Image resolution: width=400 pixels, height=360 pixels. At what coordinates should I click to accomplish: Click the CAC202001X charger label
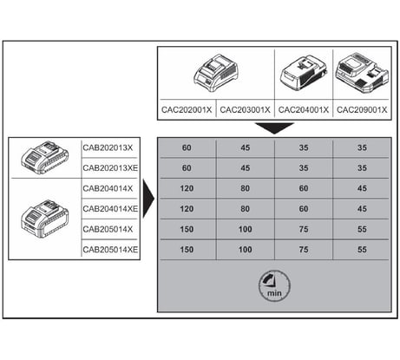point(187,110)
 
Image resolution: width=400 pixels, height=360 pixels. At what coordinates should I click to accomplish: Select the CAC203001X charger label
point(245,110)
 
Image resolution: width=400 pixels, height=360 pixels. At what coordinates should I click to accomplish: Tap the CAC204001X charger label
point(304,110)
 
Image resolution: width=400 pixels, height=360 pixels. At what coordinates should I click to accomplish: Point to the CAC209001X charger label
point(362,110)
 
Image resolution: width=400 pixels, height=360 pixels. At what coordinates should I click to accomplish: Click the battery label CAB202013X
point(108,147)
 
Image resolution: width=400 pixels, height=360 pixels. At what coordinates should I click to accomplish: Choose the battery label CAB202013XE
point(110,168)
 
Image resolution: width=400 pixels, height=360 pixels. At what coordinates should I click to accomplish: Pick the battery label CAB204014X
point(108,188)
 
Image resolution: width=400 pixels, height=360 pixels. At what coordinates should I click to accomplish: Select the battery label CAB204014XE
point(110,209)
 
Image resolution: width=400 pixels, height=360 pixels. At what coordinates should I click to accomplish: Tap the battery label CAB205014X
point(108,229)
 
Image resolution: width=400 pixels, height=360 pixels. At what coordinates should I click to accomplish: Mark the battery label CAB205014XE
point(110,250)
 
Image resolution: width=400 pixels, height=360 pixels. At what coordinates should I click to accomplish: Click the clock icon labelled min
point(274,286)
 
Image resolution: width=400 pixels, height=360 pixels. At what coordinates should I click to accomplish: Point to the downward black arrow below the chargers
point(274,128)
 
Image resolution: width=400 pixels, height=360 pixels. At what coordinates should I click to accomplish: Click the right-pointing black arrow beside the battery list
point(148,199)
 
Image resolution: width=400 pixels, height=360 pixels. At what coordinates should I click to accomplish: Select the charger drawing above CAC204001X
point(304,73)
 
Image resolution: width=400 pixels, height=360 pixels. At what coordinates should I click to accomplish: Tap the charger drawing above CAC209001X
point(362,73)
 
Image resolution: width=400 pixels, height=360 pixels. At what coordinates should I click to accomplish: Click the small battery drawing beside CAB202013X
point(45,157)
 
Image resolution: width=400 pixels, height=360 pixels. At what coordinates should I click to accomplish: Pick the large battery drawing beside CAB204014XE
point(45,218)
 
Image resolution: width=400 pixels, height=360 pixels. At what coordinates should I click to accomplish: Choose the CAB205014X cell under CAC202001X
point(187,229)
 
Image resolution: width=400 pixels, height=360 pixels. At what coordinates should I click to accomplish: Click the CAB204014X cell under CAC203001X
point(245,188)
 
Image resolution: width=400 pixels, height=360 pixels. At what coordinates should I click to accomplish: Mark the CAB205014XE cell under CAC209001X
point(362,250)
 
